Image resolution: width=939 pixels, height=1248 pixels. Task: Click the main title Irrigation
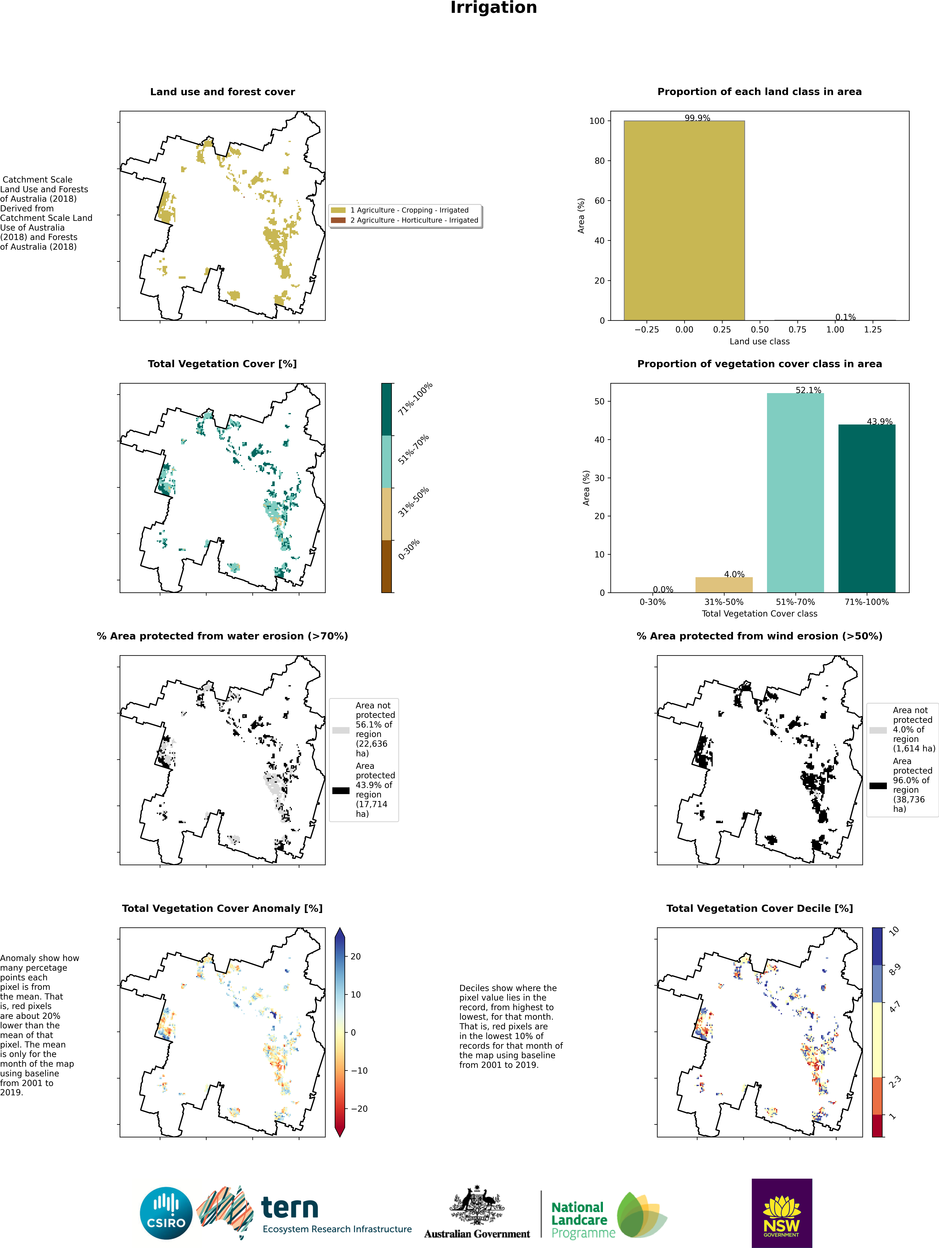[493, 8]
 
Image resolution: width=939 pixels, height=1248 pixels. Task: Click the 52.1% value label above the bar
[808, 390]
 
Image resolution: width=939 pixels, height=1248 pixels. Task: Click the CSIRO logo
[166, 1213]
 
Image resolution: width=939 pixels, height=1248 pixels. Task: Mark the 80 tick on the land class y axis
[597, 161]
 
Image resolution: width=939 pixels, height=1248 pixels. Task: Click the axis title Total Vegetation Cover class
[759, 613]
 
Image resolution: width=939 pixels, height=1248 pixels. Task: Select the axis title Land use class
[759, 341]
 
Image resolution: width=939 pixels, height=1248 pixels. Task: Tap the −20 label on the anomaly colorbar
[359, 1109]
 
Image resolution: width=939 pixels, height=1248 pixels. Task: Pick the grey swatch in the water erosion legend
[341, 730]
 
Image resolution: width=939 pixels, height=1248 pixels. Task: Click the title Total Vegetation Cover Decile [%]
[759, 908]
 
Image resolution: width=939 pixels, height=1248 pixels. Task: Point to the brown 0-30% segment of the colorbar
[386, 566]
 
